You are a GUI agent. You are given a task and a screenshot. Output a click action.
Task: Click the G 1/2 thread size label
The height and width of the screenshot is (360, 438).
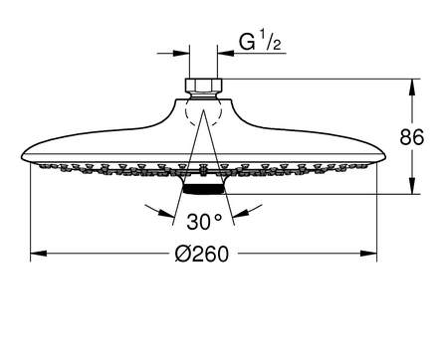[260, 42]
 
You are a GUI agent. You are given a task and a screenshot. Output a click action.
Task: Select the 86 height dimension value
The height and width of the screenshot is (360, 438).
[412, 137]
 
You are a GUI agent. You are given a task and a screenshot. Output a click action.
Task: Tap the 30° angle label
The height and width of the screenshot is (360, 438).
[204, 222]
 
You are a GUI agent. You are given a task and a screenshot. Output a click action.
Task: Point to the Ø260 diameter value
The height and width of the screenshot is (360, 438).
[202, 254]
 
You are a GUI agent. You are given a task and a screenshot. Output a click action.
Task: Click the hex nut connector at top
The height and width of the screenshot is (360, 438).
[203, 88]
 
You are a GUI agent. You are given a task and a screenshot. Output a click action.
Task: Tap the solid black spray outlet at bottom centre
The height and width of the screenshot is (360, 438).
[204, 189]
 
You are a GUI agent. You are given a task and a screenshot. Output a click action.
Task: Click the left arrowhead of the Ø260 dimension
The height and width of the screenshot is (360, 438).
[38, 254]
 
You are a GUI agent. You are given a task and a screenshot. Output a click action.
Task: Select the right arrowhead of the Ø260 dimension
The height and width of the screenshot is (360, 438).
[368, 254]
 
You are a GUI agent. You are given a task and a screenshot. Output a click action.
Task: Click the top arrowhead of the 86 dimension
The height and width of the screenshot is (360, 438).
[412, 87]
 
